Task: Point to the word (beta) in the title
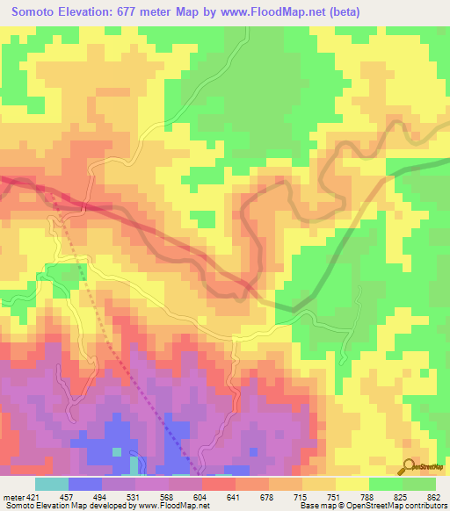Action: [328, 11]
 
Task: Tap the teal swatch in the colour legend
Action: [51, 484]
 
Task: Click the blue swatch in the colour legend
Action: [85, 484]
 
